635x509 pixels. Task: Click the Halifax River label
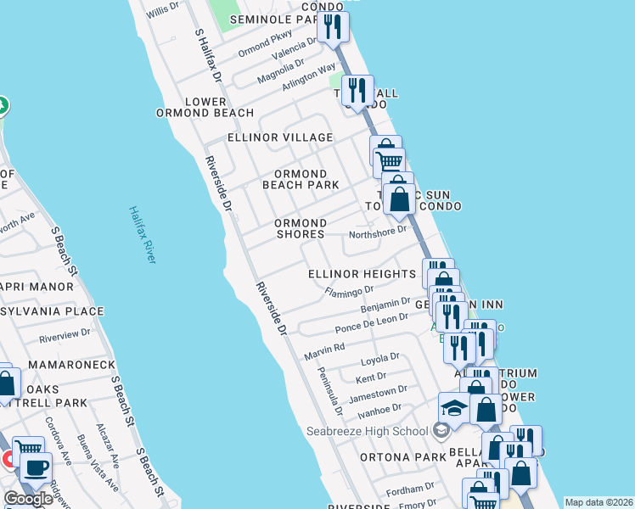[x=142, y=234]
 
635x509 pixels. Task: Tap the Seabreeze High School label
[x=368, y=431]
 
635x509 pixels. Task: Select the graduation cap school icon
[x=454, y=409]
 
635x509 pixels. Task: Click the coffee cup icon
[x=35, y=467]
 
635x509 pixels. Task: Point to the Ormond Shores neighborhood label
[x=301, y=229]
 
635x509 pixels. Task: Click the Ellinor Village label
[x=280, y=137]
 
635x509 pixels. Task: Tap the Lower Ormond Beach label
[x=205, y=107]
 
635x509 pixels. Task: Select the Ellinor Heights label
[x=362, y=274]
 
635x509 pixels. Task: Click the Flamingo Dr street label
[x=349, y=290]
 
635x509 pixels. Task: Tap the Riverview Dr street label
[x=65, y=335]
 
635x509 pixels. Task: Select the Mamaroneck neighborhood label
[x=71, y=365]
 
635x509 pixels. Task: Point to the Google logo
[x=28, y=499]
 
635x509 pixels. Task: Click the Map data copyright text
[x=598, y=502]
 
